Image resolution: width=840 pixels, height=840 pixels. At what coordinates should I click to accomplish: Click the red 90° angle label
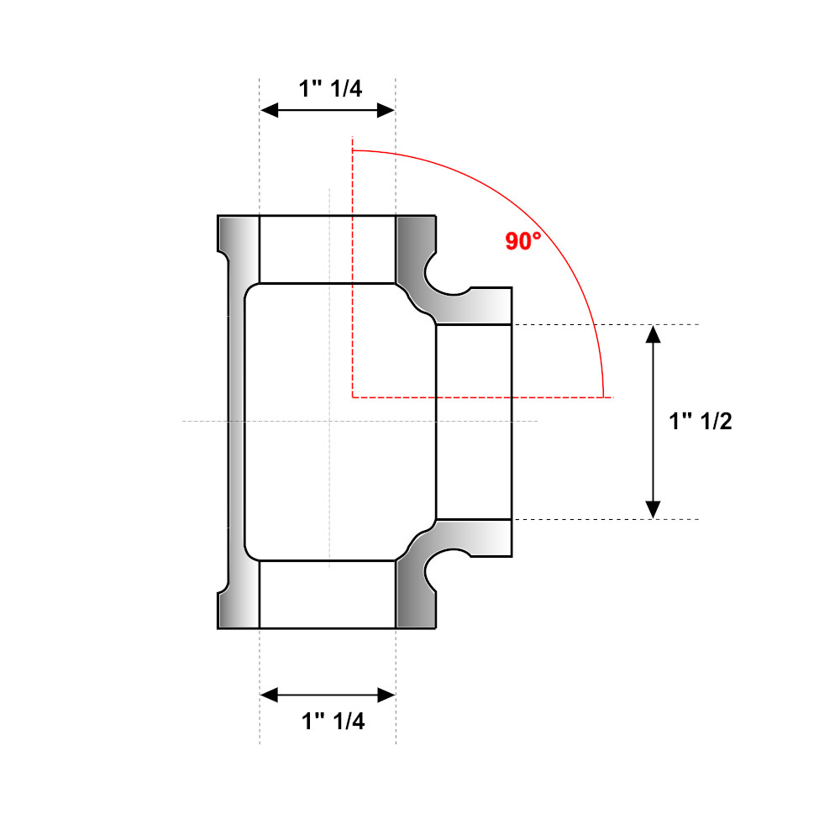click(522, 242)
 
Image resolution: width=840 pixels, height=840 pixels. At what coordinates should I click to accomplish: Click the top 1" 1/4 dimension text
click(331, 89)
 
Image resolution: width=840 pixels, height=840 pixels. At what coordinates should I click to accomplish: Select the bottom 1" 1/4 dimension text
click(333, 721)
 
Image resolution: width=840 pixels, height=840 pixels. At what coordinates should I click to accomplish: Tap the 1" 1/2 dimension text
click(701, 422)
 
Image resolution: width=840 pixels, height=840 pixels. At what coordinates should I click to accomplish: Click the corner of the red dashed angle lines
click(353, 396)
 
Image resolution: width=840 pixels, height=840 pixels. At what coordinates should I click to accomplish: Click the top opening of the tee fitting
click(328, 249)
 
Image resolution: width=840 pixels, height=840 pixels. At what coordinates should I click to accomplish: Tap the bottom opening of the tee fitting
click(328, 595)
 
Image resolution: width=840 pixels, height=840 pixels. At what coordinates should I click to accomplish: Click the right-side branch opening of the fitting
click(474, 422)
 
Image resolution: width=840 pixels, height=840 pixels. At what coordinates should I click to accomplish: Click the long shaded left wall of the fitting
click(237, 422)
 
